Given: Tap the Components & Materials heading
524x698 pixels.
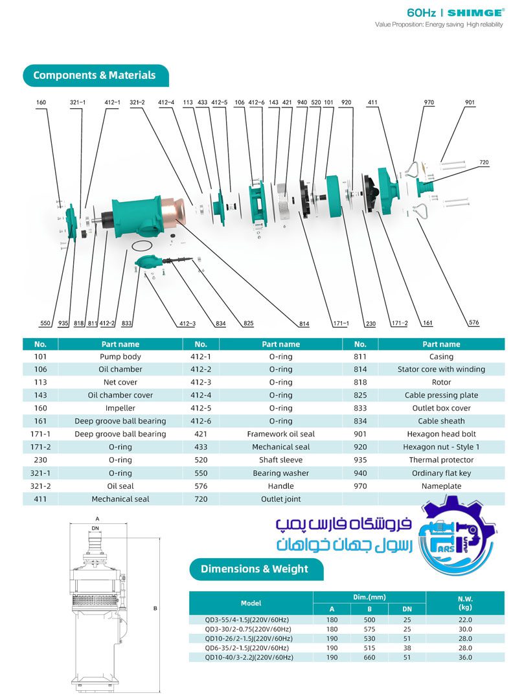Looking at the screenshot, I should (95, 75).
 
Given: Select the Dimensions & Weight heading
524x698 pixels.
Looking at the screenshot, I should (255, 569).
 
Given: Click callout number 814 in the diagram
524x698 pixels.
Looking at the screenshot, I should (304, 323).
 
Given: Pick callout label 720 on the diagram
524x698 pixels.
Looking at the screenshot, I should (484, 162).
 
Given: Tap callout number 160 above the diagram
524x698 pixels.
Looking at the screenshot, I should (41, 102).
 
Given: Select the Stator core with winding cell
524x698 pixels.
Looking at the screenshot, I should (441, 370).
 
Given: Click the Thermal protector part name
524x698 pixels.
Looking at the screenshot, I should (441, 460).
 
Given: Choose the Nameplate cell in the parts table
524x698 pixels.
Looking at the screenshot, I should (441, 486).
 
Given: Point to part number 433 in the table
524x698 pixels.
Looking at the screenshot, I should (201, 447).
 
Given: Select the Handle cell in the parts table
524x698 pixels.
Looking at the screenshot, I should (280, 486).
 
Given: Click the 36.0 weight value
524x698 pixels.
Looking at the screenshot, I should (465, 657).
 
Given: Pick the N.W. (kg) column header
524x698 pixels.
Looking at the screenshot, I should (465, 603).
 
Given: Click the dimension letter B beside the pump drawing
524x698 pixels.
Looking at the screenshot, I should (155, 609).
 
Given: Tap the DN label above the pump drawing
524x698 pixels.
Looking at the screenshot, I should (96, 528).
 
